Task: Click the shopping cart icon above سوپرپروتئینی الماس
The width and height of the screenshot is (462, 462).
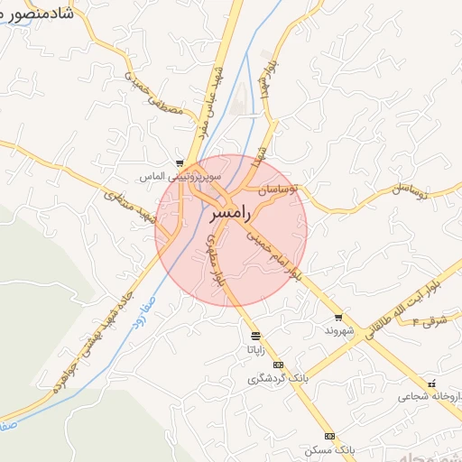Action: tap(180, 162)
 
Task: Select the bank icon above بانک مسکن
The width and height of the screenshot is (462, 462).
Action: tap(328, 436)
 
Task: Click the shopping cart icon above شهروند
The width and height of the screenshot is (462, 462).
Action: tap(338, 318)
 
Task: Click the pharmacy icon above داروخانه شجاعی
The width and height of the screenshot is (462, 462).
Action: tap(432, 382)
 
